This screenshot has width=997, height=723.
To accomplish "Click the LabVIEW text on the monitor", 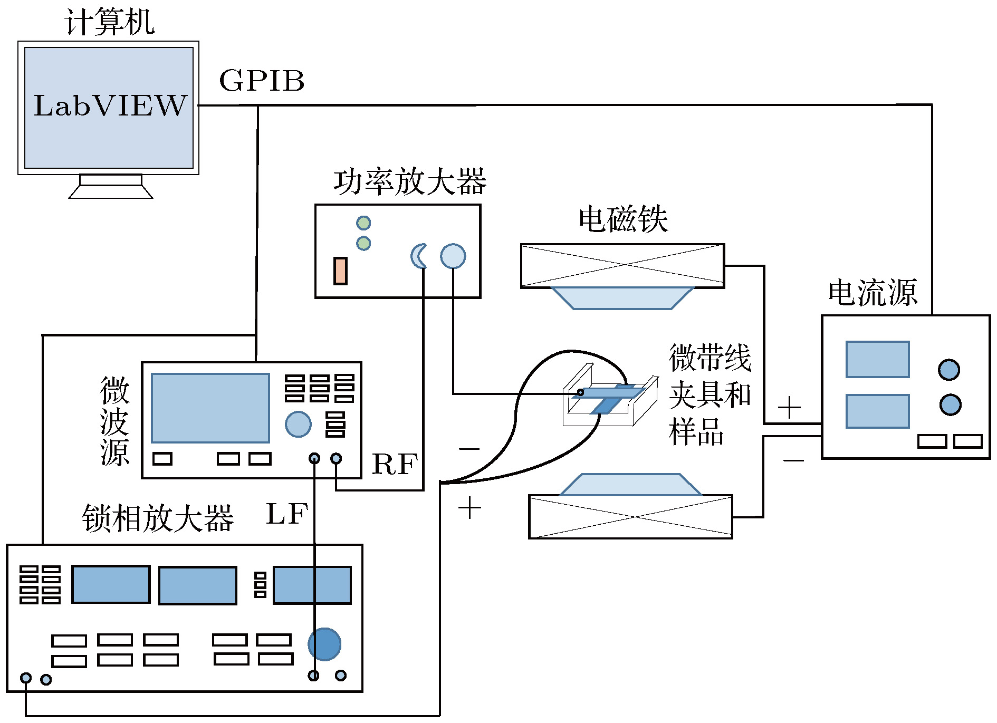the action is coord(110,105).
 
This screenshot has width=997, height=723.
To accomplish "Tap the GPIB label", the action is coord(262,81).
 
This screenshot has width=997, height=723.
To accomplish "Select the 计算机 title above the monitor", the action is coord(110,22).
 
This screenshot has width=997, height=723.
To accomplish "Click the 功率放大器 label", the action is coord(409,181).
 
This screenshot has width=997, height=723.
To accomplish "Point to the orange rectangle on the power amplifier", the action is coord(340,271).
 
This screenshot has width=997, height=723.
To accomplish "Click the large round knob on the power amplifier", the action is coord(453,256).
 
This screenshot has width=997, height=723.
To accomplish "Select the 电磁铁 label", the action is coord(623,219).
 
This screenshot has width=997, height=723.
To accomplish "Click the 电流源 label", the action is coord(873,293).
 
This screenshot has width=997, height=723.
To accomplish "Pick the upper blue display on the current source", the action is coord(878,360).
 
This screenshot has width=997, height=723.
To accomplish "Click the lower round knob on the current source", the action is coord(951,404).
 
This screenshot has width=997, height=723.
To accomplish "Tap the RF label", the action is coord(395,465).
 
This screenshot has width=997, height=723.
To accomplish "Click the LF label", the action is coord(287,514).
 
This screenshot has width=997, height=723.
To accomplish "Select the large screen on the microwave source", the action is coord(210,408).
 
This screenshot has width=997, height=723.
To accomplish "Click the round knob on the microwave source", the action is coord(298,424).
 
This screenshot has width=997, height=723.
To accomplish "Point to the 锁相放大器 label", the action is coord(158,518).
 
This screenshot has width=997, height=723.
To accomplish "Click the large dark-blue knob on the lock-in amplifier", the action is coord(324,644).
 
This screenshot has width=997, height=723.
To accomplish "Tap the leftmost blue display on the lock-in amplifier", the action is coord(111,584).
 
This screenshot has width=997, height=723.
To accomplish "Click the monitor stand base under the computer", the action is coord(111,192).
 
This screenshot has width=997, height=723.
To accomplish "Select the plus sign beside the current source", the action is coord(789,408).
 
